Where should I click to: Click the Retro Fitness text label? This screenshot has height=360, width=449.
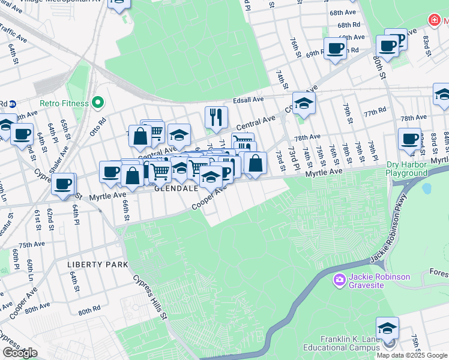pos(64,103)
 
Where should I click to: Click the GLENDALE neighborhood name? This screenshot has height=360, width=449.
pos(176,188)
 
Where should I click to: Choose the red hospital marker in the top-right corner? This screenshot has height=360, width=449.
pos(434,20)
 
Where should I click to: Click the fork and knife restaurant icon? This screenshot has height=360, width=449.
pos(216,116)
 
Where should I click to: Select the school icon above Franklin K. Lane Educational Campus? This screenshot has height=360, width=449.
pos(387,328)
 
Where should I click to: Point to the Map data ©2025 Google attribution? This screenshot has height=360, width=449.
pos(412,355)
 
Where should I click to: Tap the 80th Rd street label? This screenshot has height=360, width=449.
pos(89,311)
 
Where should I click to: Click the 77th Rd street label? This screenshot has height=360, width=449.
pos(374,112)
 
